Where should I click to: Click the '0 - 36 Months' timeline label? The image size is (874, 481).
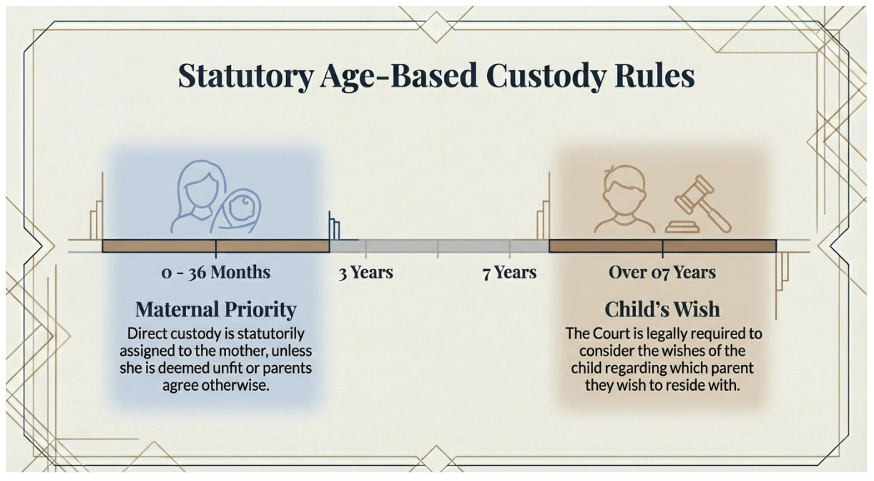click(x=216, y=273)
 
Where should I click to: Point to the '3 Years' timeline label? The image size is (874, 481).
click(x=365, y=273)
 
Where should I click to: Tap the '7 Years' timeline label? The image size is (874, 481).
click(x=509, y=273)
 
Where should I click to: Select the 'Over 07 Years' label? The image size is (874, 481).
click(x=662, y=273)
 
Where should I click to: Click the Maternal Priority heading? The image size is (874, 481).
click(x=216, y=310)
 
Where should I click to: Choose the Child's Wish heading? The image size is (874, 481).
click(x=662, y=308)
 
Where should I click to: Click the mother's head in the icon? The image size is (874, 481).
click(x=201, y=183)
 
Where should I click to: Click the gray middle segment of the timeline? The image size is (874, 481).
click(x=439, y=246)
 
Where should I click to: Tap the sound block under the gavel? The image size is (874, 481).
click(x=682, y=227)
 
